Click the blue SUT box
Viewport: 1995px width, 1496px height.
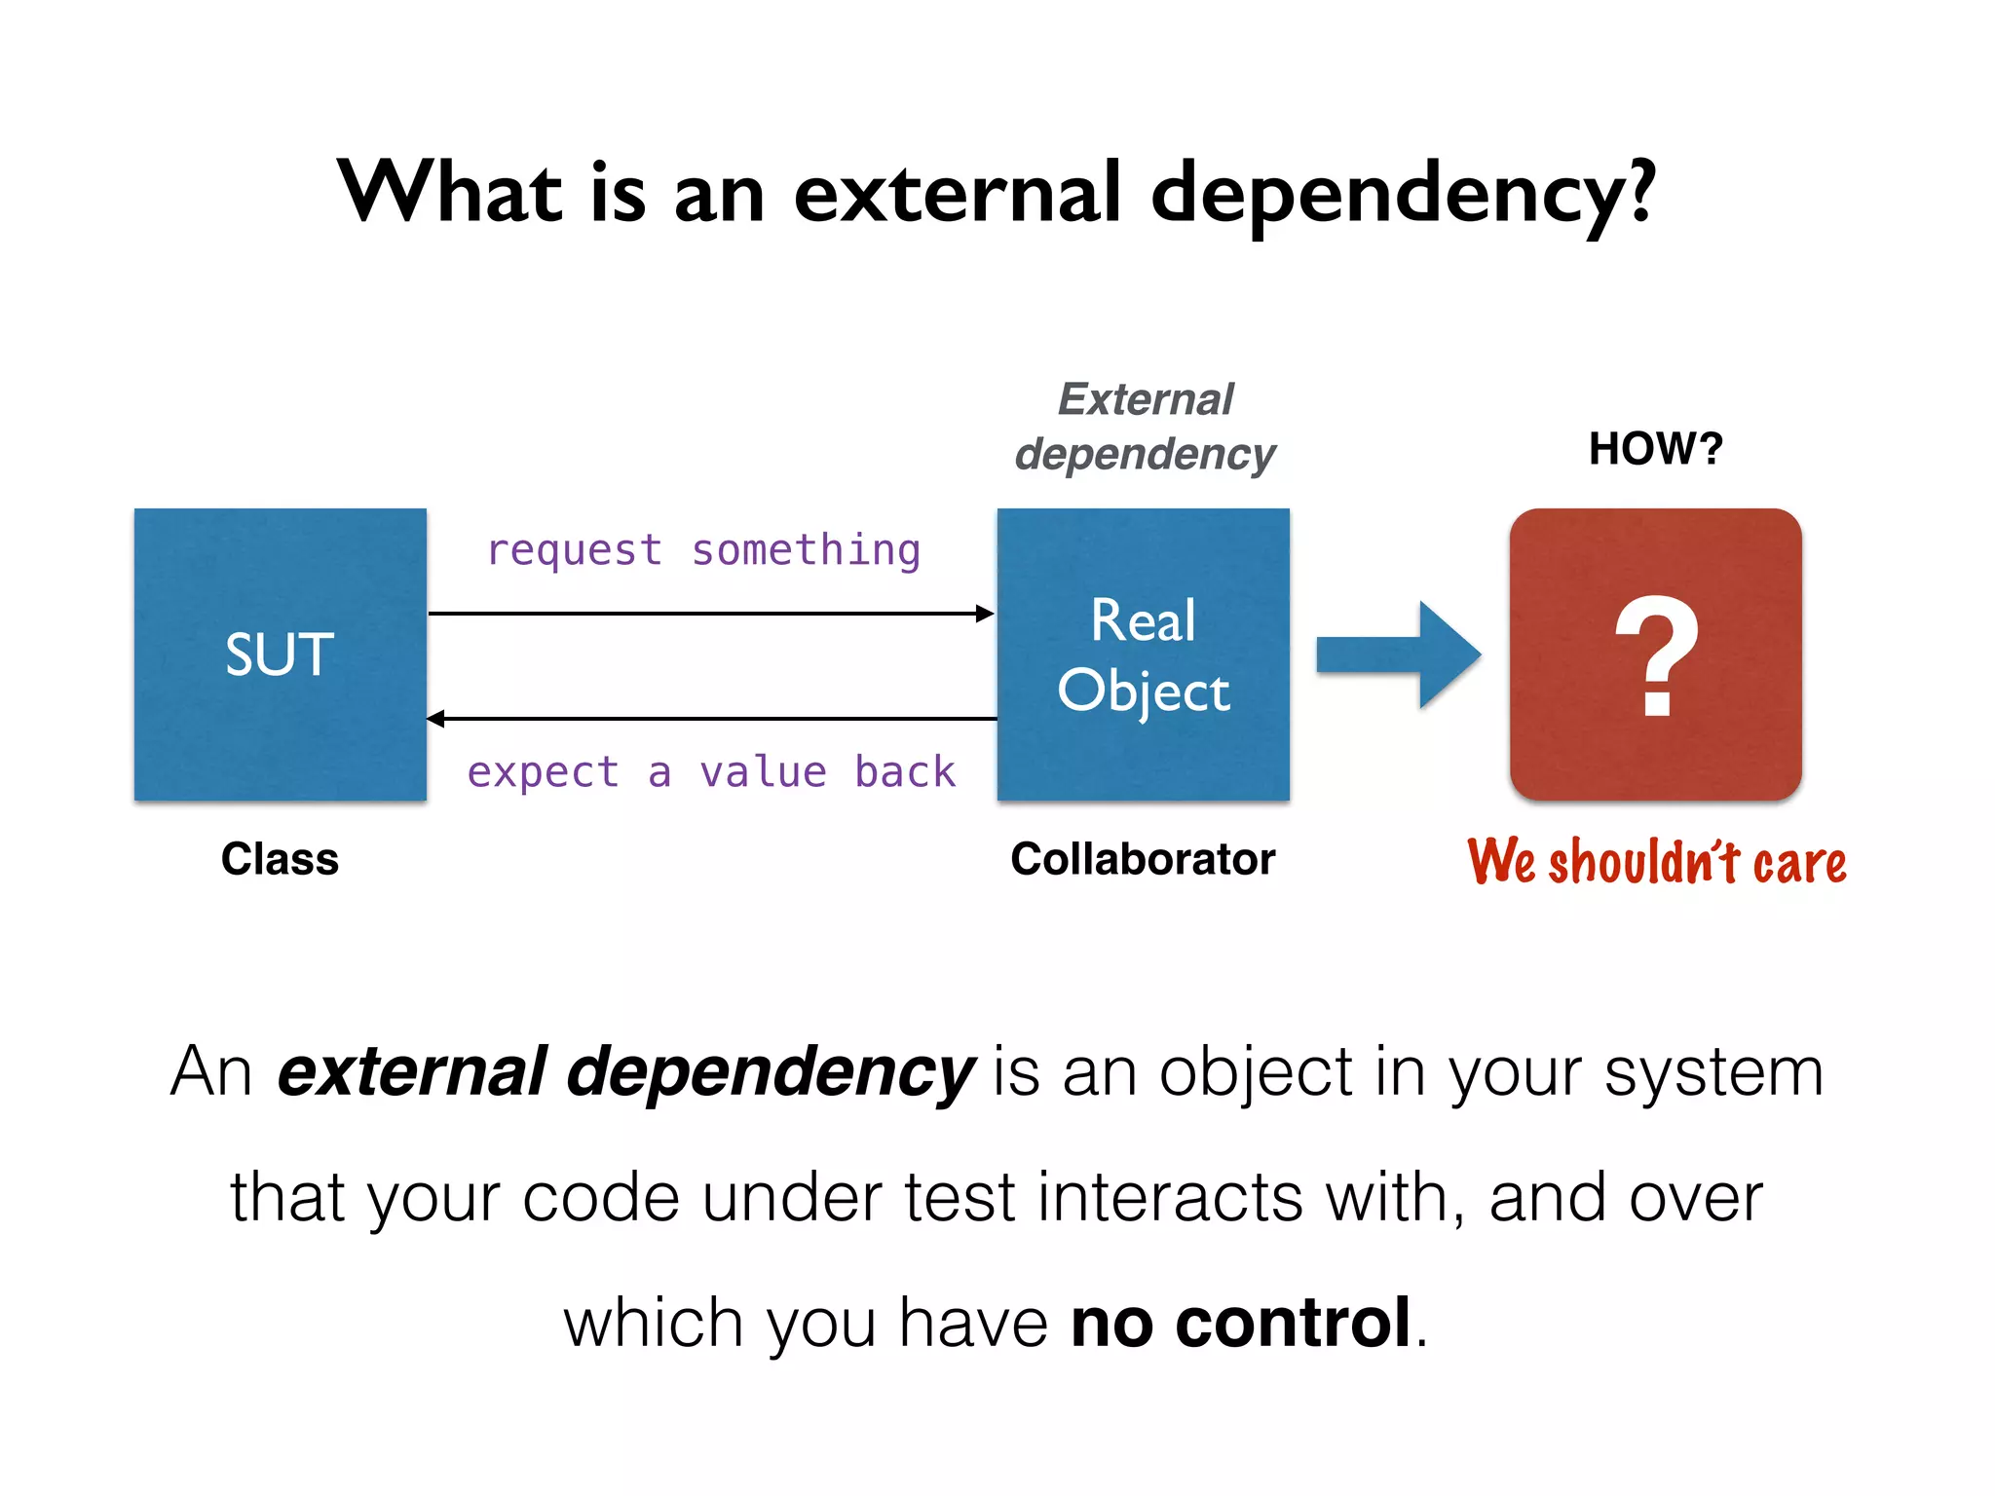[281, 654]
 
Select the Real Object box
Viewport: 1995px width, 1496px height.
[1144, 654]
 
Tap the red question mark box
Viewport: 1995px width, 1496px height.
[1655, 654]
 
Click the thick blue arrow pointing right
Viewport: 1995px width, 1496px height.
[1399, 654]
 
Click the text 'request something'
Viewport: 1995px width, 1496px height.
[703, 550]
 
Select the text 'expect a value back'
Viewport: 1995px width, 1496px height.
[711, 772]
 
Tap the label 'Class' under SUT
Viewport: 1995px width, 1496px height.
[280, 859]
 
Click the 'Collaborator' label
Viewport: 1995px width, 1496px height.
[1143, 859]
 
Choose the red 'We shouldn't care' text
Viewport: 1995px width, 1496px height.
[1656, 862]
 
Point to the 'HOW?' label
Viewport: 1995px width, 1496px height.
[1655, 449]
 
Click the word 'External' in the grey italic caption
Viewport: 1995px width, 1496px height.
[1146, 399]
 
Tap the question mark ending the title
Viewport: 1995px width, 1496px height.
[1641, 192]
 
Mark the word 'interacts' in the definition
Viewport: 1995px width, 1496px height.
[1170, 1198]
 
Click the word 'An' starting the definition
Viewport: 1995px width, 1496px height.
[211, 1071]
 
